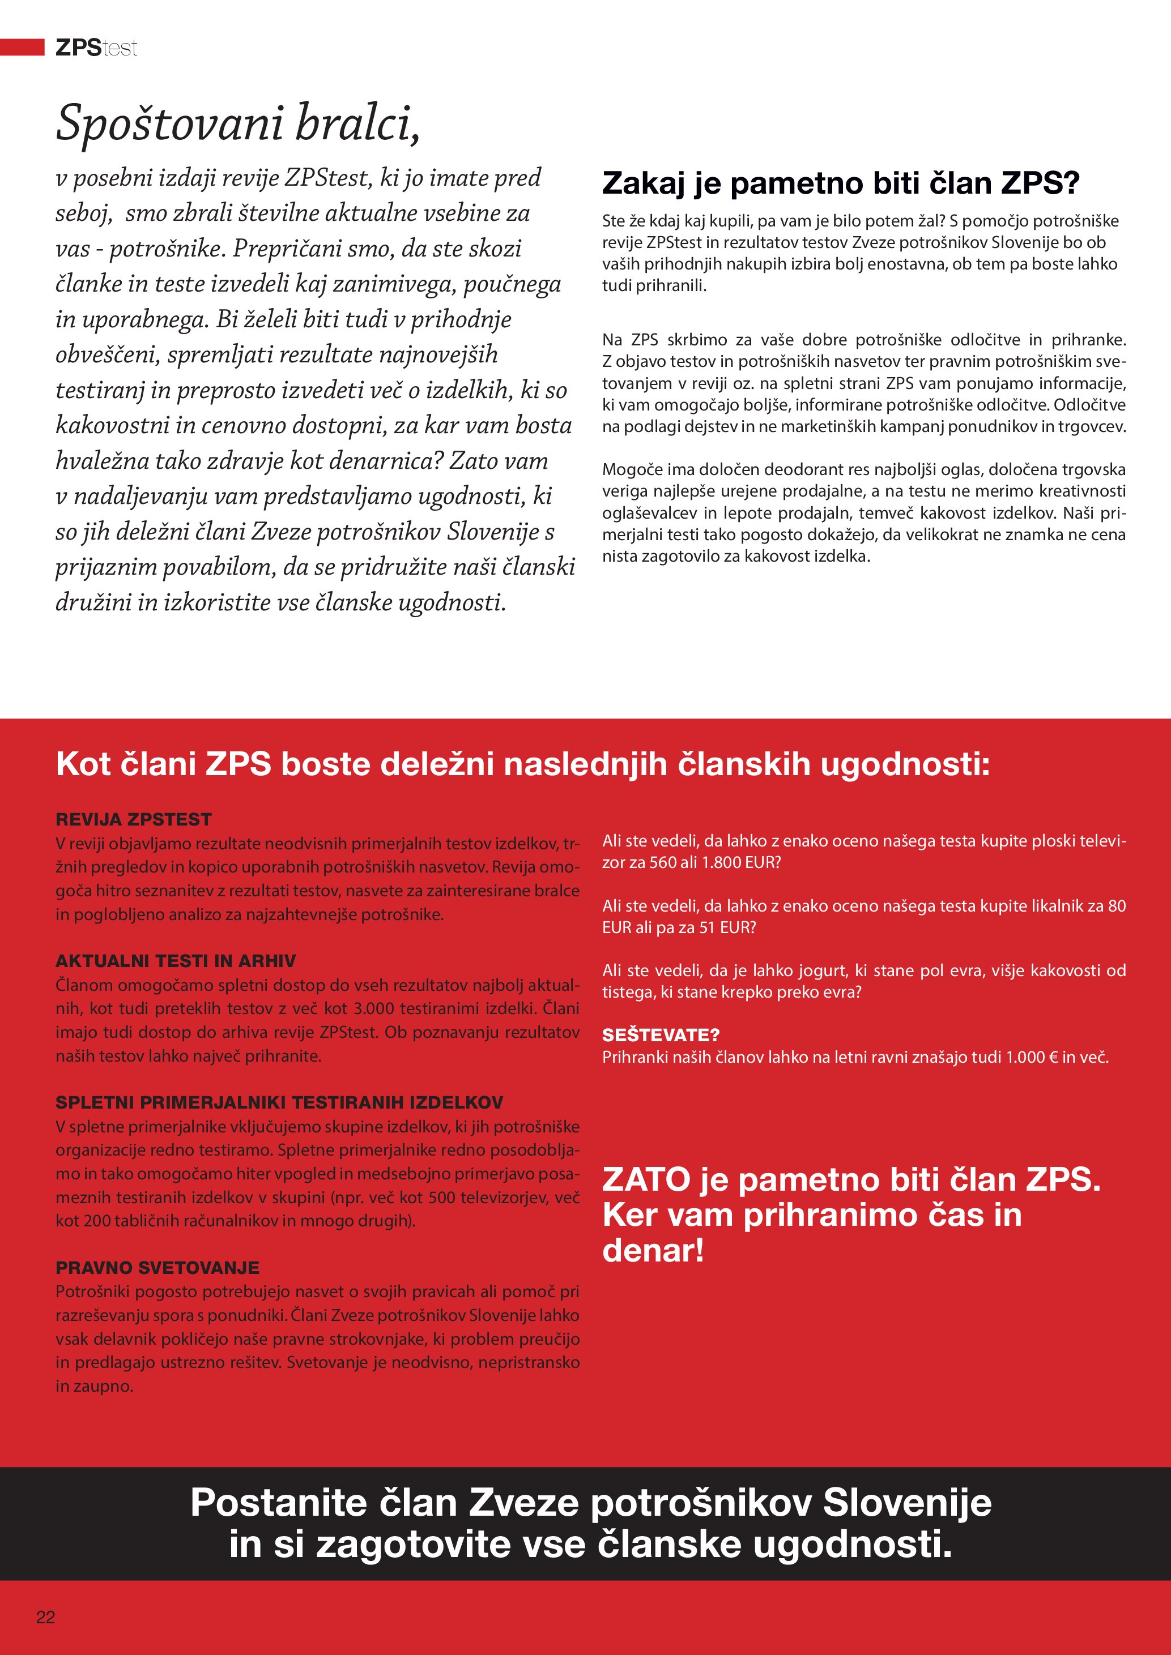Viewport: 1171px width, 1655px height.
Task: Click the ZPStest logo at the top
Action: click(96, 48)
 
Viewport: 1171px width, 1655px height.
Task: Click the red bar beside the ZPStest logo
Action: click(22, 48)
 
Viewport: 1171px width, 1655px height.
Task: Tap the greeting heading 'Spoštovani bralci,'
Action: click(238, 123)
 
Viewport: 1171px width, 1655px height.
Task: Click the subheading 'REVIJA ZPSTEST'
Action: click(133, 819)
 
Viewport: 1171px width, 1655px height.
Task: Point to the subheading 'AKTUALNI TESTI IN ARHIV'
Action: click(175, 961)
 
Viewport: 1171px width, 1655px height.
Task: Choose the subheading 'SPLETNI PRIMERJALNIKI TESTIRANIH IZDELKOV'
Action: click(279, 1102)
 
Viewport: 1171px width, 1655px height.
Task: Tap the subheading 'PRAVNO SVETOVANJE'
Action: click(157, 1267)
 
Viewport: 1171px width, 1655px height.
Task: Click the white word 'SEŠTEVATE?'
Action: click(661, 1035)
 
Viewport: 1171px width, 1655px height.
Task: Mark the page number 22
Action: click(45, 1617)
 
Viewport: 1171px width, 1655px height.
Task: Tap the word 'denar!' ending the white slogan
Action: click(653, 1251)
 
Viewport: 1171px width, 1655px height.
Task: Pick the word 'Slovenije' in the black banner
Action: click(906, 1504)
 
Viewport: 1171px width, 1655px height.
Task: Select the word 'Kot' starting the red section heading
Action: click(82, 764)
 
